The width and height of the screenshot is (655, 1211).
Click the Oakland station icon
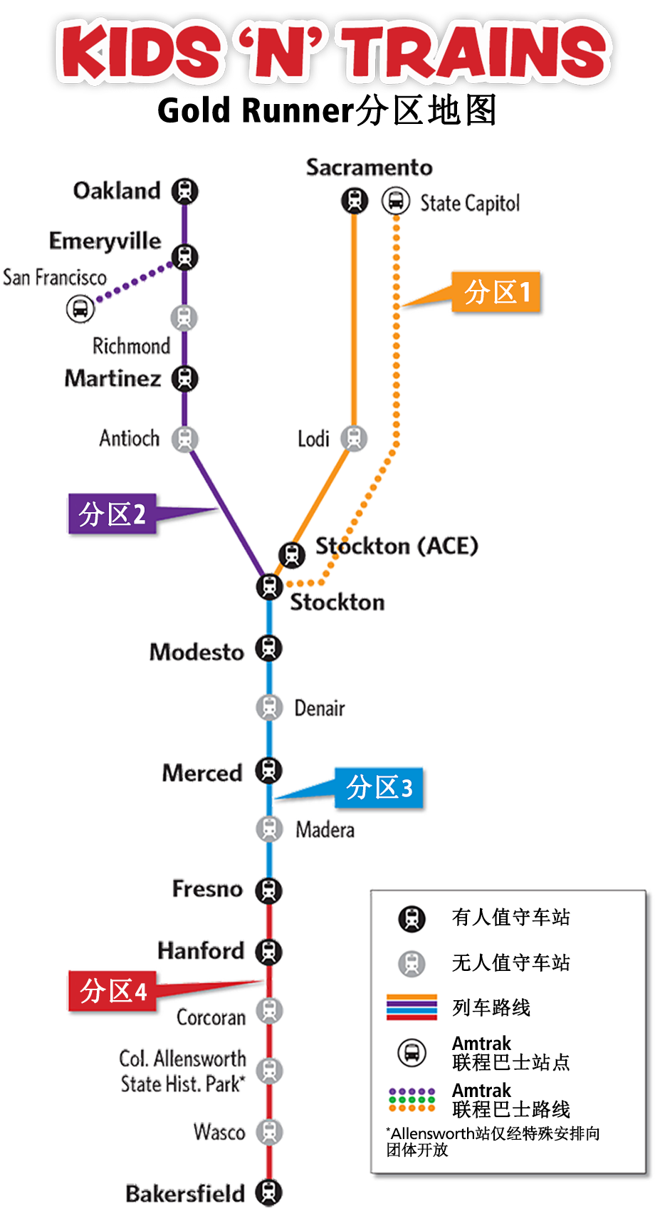click(x=184, y=191)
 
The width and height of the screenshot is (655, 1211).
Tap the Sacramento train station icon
click(x=354, y=201)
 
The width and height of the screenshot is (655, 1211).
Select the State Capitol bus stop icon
click(x=395, y=201)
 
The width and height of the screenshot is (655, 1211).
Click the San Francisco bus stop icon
click(x=80, y=308)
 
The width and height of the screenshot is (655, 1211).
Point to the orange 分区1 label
click(x=496, y=292)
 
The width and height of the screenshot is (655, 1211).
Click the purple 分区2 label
click(x=112, y=514)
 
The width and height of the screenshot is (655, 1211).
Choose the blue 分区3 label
click(x=379, y=788)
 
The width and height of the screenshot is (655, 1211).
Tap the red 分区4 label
click(x=112, y=990)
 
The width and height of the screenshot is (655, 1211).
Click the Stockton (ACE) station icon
click(x=291, y=553)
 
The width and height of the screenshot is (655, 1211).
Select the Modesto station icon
click(x=268, y=649)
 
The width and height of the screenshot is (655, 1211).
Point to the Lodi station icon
click(x=353, y=437)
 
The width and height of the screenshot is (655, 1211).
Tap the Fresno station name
click(x=207, y=889)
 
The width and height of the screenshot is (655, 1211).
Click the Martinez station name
click(x=112, y=378)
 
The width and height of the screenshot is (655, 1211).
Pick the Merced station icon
click(x=268, y=770)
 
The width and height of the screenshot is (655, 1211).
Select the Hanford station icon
click(x=268, y=950)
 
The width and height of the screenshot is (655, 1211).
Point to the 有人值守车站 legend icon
click(x=412, y=918)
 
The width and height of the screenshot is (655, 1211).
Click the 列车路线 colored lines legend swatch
click(x=412, y=1007)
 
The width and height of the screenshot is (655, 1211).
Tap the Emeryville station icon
click(x=184, y=256)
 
